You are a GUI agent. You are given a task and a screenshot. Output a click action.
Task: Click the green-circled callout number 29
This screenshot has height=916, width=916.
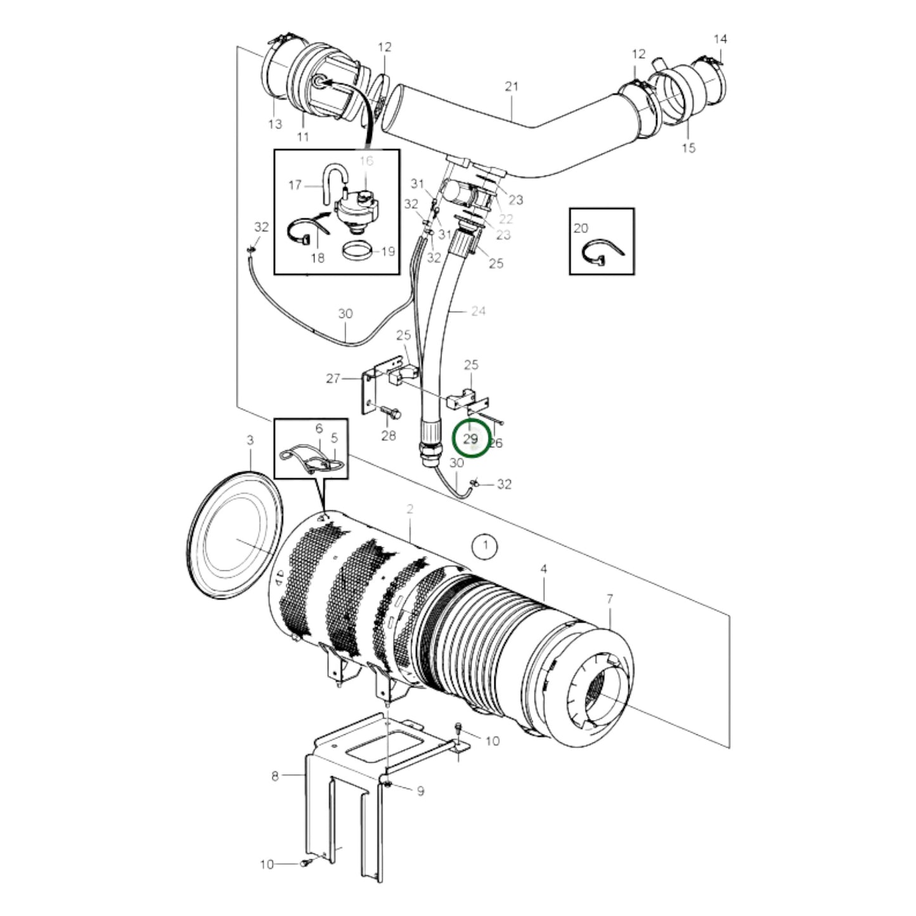pyautogui.click(x=471, y=439)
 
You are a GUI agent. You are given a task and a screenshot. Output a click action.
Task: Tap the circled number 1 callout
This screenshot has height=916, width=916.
pyautogui.click(x=486, y=545)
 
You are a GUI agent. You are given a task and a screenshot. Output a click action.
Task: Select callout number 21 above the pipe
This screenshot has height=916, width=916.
pyautogui.click(x=512, y=86)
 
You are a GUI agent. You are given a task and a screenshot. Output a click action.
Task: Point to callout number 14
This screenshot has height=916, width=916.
pyautogui.click(x=720, y=39)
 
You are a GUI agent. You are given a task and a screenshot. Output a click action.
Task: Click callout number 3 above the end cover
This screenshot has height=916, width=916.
pyautogui.click(x=250, y=440)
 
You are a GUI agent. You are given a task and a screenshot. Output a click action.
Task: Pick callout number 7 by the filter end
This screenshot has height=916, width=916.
pyautogui.click(x=610, y=598)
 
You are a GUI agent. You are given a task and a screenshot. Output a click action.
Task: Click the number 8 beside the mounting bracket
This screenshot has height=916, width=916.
pyautogui.click(x=274, y=776)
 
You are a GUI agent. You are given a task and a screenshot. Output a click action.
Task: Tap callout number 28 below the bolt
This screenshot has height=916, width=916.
pyautogui.click(x=388, y=435)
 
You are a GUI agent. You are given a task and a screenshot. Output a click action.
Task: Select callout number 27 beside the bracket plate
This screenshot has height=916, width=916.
pyautogui.click(x=333, y=378)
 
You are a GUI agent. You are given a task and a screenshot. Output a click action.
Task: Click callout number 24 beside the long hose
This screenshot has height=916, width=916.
pyautogui.click(x=479, y=311)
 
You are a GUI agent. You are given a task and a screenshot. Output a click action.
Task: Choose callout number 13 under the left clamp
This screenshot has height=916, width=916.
pyautogui.click(x=274, y=124)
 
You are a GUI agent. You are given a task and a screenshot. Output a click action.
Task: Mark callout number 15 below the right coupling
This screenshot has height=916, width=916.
pyautogui.click(x=688, y=148)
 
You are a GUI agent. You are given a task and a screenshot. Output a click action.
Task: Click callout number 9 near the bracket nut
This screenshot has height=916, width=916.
pyautogui.click(x=420, y=791)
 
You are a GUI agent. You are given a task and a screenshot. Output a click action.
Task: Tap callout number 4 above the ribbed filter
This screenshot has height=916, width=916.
pyautogui.click(x=543, y=569)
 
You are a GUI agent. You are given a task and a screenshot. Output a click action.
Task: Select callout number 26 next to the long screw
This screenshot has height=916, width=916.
pyautogui.click(x=496, y=443)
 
